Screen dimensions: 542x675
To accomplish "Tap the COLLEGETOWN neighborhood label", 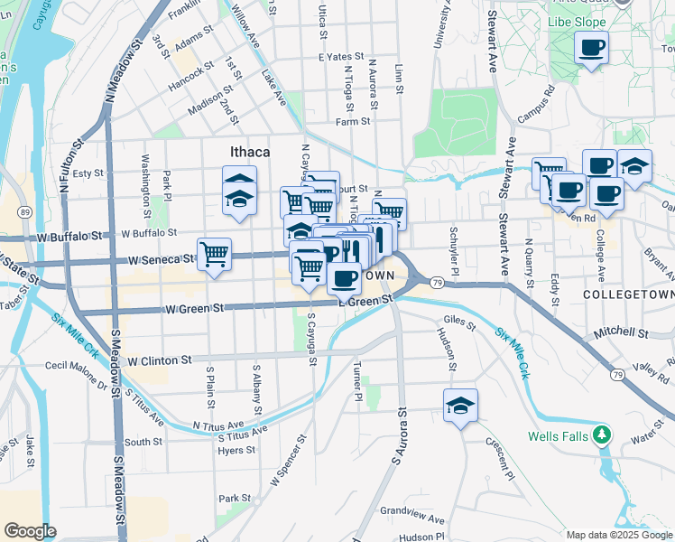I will pyautogui.click(x=624, y=295).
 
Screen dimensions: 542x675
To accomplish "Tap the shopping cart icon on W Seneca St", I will pyautogui.click(x=214, y=255).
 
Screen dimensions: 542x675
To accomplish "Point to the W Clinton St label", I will pyautogui.click(x=160, y=360).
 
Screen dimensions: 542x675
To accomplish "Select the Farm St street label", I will pyautogui.click(x=353, y=121).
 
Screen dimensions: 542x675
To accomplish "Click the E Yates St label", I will pyautogui.click(x=339, y=56).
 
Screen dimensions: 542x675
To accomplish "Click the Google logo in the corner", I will pyautogui.click(x=31, y=531).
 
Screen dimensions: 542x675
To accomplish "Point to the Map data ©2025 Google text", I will pyautogui.click(x=619, y=535).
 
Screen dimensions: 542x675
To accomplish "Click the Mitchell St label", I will pyautogui.click(x=620, y=332).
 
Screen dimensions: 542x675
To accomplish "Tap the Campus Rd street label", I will pyautogui.click(x=536, y=105).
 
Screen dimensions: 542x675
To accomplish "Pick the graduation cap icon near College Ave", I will pyautogui.click(x=634, y=167).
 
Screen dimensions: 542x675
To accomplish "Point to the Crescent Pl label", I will pyautogui.click(x=498, y=462).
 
